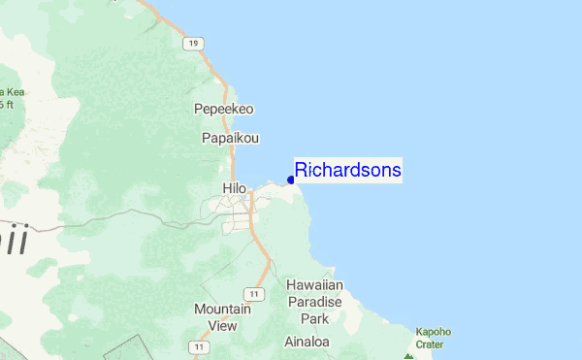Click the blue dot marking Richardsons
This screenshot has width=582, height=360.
click(291, 180)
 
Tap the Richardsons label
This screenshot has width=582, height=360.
click(348, 170)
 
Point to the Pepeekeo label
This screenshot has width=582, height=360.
click(223, 109)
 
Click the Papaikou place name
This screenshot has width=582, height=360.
click(230, 138)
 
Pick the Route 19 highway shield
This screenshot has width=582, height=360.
click(195, 44)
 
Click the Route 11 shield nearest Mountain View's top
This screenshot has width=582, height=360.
click(252, 293)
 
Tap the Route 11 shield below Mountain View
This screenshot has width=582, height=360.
click(199, 346)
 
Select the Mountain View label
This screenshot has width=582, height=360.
click(215, 317)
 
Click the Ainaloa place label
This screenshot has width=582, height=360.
click(308, 342)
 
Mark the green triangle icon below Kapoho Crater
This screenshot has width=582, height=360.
click(409, 356)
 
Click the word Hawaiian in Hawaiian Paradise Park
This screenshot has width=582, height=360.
click(314, 285)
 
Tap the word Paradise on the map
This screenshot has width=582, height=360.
click(314, 302)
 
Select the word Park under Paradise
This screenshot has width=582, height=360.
click(314, 318)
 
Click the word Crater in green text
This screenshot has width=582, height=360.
click(431, 344)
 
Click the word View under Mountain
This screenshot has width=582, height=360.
click(215, 326)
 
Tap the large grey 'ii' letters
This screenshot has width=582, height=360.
click(13, 238)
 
